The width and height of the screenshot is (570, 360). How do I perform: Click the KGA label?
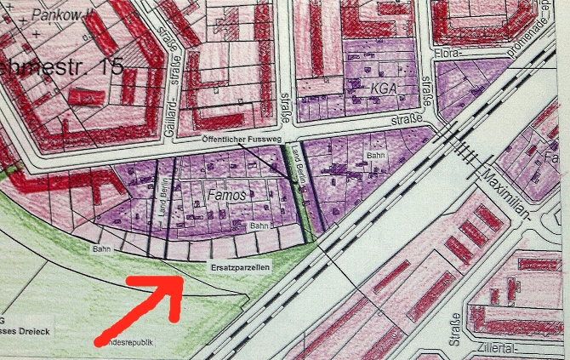[x=384, y=88]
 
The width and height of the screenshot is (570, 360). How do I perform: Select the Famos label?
[x=225, y=196]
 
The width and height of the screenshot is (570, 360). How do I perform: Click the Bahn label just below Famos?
[x=259, y=226]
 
